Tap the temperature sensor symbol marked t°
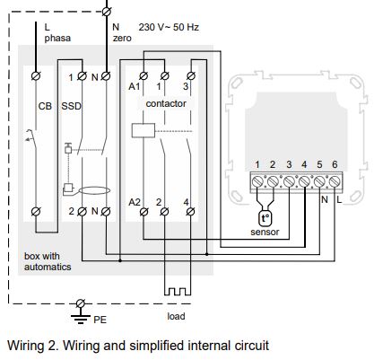pyautogui.click(x=265, y=219)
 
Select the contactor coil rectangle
pyautogui.click(x=144, y=130)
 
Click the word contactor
pyautogui.click(x=166, y=104)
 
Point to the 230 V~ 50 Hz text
pyautogui.click(x=169, y=27)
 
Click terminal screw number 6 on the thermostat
pyautogui.click(x=335, y=181)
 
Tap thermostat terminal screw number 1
pyautogui.click(x=257, y=181)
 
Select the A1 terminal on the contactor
pyautogui.click(x=144, y=76)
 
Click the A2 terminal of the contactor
pyautogui.click(x=144, y=212)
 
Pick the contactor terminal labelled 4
pyautogui.click(x=190, y=212)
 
